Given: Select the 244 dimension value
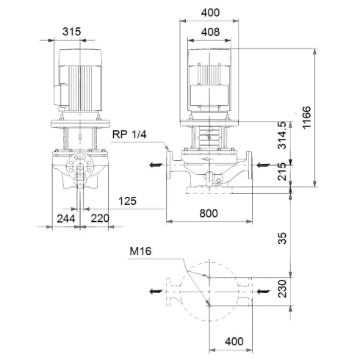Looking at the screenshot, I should (x=67, y=218).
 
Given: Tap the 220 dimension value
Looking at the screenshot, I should (x=100, y=218).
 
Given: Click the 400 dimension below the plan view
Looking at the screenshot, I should (x=234, y=342).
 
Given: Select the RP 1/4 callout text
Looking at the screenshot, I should (x=129, y=134).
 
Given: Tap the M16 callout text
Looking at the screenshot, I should (x=140, y=251).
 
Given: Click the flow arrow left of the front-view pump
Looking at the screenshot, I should (x=154, y=165).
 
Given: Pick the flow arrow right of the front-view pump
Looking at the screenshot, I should (x=262, y=165).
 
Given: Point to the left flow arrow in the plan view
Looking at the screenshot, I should (x=154, y=292).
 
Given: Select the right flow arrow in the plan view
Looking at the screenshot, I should (x=262, y=292).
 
